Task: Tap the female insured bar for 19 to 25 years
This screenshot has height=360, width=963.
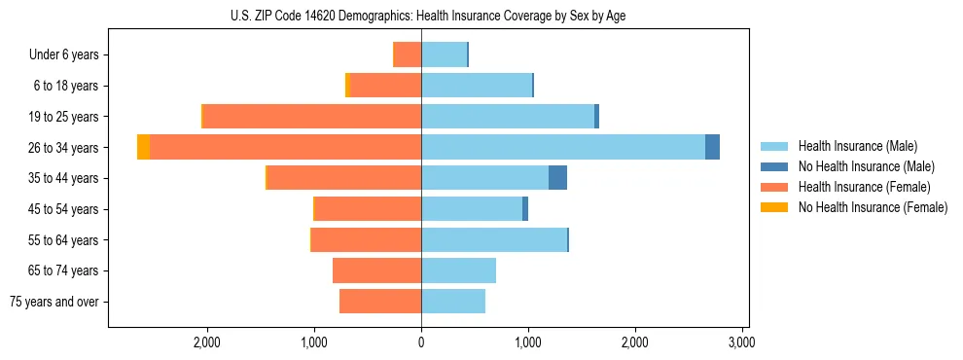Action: coord(311,116)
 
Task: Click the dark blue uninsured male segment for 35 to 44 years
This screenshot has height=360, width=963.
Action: coord(557,178)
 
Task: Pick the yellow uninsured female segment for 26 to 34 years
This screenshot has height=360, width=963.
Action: coord(143,147)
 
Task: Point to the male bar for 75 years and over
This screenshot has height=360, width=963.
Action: coord(453,302)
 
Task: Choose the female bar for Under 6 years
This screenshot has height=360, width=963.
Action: coord(408,54)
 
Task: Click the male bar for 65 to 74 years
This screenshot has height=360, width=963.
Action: coord(458,270)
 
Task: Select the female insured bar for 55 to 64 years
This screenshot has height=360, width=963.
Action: coord(366,239)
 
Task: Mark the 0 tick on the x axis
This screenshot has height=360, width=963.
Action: coord(421,342)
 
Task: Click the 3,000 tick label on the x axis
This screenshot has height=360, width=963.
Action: coord(742,342)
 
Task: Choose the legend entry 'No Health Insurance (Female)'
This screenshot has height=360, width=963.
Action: coord(873,207)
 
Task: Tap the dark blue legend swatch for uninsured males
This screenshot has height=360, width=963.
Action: coord(774,166)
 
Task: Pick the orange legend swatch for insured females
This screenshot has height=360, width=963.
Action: coord(774,187)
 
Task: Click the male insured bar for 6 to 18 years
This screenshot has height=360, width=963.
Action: coord(477,86)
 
